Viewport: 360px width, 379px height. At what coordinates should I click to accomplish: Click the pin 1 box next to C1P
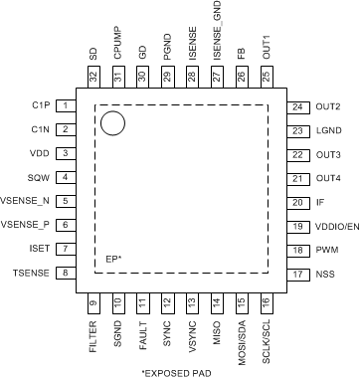[x=66, y=105]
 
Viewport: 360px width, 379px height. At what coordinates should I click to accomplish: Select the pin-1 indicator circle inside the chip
[x=112, y=122]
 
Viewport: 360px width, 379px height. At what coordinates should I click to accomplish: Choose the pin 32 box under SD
[x=93, y=77]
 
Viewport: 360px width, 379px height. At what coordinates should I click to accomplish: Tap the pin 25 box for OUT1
[x=266, y=77]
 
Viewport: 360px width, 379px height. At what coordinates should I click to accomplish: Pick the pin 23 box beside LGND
[x=296, y=130]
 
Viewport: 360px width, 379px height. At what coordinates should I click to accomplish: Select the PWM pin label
[x=327, y=250]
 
